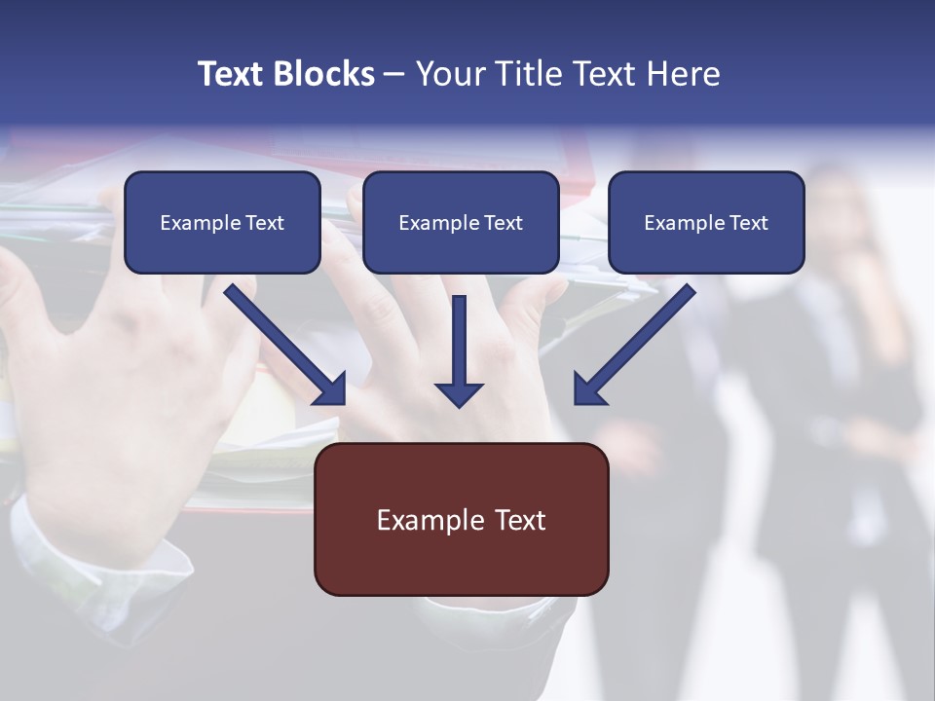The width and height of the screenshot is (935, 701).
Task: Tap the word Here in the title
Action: tap(683, 74)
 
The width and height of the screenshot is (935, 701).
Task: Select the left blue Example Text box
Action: tap(222, 223)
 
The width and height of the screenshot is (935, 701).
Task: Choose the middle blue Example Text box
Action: tap(461, 223)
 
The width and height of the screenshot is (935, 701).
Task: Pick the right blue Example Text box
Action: tap(706, 223)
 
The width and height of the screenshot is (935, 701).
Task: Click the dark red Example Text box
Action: tap(461, 520)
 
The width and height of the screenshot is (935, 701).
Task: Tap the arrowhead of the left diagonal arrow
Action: tap(332, 390)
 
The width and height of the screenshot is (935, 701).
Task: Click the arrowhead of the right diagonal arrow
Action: tap(588, 390)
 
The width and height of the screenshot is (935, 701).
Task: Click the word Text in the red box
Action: tap(519, 520)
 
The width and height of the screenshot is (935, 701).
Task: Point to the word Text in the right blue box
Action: tap(749, 223)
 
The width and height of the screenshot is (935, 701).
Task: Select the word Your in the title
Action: tap(448, 74)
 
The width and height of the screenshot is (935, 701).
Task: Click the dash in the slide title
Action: tap(394, 74)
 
